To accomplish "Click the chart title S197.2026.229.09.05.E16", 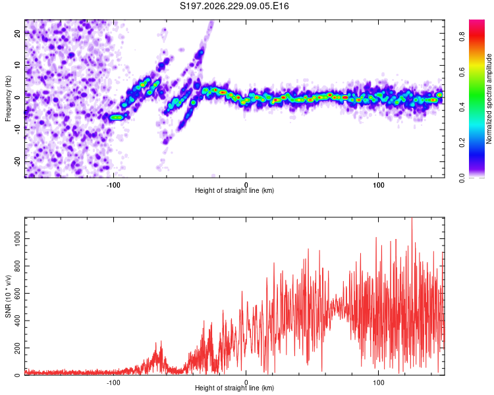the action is tap(234, 6).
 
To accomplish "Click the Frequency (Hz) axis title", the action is tap(8, 99).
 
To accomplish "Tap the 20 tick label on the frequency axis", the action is tap(18, 33).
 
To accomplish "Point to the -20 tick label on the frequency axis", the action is tap(18, 162).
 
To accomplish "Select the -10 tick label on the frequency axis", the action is tap(18, 130).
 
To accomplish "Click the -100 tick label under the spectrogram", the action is tap(113, 185).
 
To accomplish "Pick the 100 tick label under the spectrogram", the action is tap(378, 185).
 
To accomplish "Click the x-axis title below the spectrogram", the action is tap(234, 190).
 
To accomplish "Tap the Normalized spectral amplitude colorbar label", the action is tap(489, 99).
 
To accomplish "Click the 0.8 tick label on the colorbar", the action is tap(462, 37).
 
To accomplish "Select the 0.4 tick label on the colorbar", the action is tap(462, 107).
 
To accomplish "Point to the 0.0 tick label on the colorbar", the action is tap(462, 178).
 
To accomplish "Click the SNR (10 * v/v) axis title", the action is tap(8, 296).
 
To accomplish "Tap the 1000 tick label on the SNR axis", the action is tap(18, 238).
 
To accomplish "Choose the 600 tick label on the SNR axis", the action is tap(18, 293).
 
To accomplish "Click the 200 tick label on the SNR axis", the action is tap(18, 348).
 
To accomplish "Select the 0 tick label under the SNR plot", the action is tap(246, 382).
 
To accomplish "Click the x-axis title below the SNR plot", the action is tap(234, 388).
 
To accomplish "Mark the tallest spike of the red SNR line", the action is tap(412, 219).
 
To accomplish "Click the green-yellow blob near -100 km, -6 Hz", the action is tap(117, 117).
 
